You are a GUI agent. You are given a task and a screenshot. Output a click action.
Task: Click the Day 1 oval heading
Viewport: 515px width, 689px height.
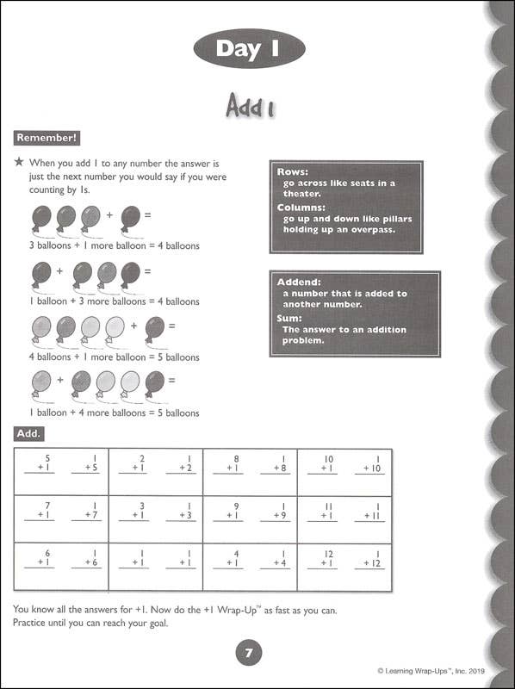(250, 49)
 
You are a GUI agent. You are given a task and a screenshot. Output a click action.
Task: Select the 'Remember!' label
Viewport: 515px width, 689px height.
(47, 138)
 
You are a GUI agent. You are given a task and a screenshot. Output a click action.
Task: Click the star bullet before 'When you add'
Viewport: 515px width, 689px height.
(18, 162)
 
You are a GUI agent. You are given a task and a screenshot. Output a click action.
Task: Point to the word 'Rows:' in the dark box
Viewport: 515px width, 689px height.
(293, 172)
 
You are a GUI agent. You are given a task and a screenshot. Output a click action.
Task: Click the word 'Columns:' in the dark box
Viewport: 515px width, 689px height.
(301, 208)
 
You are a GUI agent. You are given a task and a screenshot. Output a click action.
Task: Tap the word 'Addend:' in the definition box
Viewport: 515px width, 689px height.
(300, 282)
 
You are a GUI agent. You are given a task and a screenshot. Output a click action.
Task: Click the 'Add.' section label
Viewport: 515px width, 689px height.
(28, 433)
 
